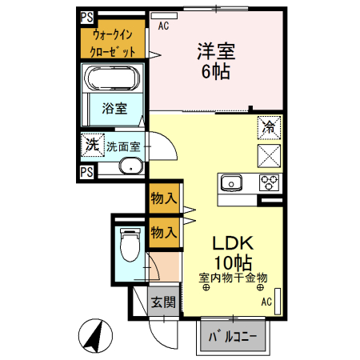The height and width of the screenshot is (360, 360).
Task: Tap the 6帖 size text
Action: (216, 72)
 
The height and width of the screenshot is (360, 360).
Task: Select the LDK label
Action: (233, 242)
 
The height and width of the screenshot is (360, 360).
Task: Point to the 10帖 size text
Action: (233, 262)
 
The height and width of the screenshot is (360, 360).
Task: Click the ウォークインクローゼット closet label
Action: (113, 42)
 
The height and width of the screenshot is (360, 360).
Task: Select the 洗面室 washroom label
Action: (123, 146)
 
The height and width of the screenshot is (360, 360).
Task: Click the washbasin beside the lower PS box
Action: (128, 167)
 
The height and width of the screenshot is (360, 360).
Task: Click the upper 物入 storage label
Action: (163, 198)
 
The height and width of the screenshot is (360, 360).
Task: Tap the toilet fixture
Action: (128, 246)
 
